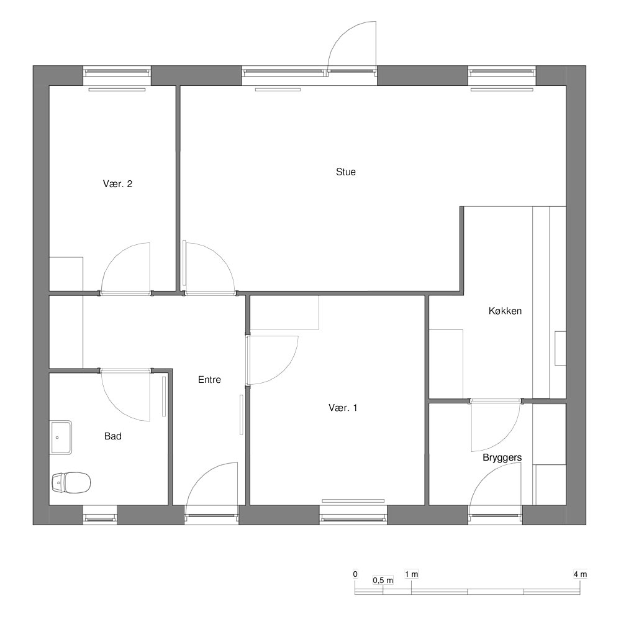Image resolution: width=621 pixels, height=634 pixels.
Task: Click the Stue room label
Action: pos(345,172)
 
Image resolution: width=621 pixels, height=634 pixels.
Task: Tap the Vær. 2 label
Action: pos(117,184)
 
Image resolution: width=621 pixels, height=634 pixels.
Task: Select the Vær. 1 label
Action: pos(343,408)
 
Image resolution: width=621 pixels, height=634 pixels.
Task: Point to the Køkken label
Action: pos(505,311)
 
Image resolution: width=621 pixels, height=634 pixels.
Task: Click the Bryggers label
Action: pos(502,457)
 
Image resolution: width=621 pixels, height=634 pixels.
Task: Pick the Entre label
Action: pos(209,380)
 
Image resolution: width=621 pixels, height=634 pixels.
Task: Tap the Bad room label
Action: pos(113,436)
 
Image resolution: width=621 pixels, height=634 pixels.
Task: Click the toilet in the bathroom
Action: pos(71,482)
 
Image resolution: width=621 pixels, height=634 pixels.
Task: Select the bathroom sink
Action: pos(61,438)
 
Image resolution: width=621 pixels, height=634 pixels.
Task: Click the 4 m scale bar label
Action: pos(580,574)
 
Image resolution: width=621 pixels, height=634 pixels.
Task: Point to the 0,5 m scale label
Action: pos(383,581)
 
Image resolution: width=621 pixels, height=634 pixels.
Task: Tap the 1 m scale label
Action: pos(411,574)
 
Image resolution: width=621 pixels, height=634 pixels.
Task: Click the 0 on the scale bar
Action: pos(355,574)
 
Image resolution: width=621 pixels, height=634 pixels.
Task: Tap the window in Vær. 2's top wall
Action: pos(117,73)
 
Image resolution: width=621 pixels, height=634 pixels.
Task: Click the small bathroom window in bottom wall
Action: pos(100,517)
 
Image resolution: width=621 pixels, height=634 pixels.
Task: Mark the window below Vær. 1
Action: pos(353,517)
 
